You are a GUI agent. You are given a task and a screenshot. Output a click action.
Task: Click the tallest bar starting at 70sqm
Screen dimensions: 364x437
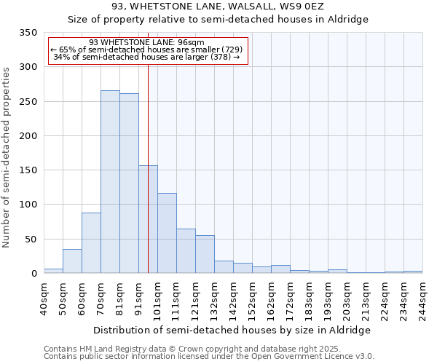click(110, 182)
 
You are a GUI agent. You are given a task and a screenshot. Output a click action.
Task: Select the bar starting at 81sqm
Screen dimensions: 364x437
click(129, 183)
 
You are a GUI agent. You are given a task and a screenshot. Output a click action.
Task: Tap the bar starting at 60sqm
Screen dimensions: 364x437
click(91, 243)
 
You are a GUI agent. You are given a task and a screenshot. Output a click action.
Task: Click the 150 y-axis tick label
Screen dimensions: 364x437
click(28, 170)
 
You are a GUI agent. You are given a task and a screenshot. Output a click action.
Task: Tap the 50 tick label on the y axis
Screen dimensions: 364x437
click(31, 239)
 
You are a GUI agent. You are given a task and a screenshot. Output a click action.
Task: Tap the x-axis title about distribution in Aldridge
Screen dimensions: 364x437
click(232, 330)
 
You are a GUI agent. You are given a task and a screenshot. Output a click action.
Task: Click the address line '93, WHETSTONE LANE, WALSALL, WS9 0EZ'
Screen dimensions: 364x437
click(218, 7)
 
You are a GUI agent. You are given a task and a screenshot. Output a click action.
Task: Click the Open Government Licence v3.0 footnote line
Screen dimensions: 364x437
click(209, 357)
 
